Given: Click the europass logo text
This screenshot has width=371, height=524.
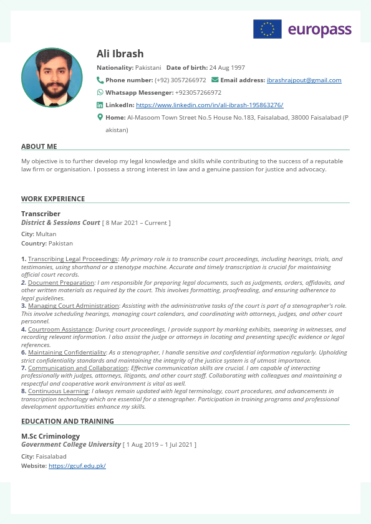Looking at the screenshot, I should tap(319, 29).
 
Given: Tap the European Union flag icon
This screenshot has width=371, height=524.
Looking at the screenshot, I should tap(267, 29).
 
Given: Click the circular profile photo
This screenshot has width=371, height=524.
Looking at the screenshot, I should tap(52, 77).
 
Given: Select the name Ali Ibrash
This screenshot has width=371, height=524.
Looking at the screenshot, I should tap(120, 54).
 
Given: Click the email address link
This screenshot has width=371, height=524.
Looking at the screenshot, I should tap(304, 80).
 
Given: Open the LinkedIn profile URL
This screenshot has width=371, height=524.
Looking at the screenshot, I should tap(210, 105).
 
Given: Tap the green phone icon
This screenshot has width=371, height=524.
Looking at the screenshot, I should tap(100, 80).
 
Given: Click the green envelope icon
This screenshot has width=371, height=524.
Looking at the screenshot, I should tap(215, 80).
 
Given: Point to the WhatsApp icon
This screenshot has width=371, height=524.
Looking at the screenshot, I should tap(100, 92).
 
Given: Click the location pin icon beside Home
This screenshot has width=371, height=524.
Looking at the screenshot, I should tap(100, 117).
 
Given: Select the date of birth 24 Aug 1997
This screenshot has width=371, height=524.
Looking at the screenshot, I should tap(227, 67).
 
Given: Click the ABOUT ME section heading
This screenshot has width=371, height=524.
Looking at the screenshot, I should tap(39, 146).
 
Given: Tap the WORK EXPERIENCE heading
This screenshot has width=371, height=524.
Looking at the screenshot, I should tap(53, 199).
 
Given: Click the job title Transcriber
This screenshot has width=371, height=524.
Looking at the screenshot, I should tap(41, 214).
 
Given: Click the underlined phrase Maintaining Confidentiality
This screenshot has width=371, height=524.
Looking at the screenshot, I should tap(67, 352).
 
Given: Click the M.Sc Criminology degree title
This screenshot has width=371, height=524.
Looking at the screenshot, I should tap(51, 436).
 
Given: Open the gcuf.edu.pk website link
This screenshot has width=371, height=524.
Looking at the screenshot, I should tap(77, 466).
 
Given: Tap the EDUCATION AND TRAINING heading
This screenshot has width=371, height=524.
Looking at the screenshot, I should tap(67, 421).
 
